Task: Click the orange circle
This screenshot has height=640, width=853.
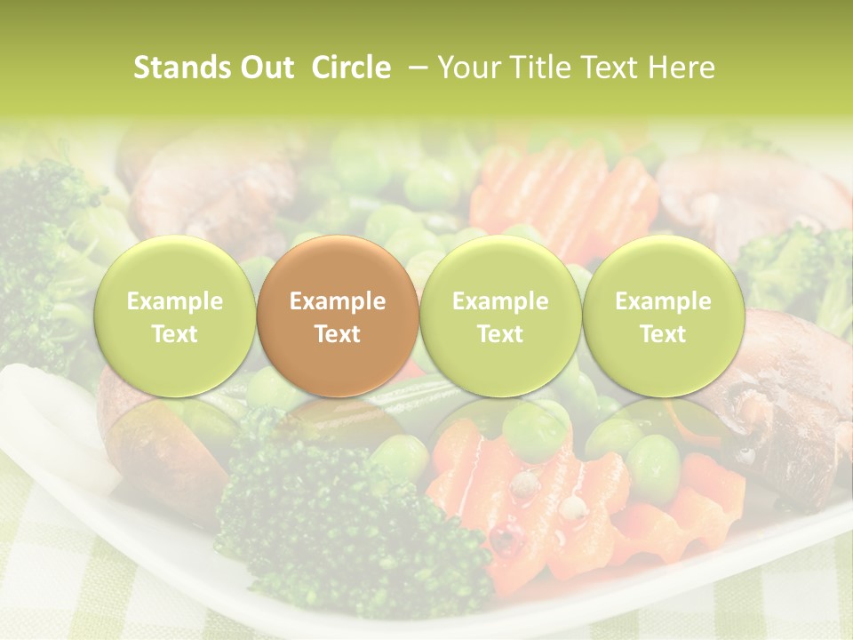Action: (x=337, y=316)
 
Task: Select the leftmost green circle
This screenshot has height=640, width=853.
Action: (x=174, y=316)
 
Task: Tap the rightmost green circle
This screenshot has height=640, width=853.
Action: (x=663, y=316)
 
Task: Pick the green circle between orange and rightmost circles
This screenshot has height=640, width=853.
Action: (x=499, y=316)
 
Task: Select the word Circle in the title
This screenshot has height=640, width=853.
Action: (x=351, y=68)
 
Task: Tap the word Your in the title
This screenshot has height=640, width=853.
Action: (x=466, y=68)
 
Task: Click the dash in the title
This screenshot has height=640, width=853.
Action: (x=414, y=68)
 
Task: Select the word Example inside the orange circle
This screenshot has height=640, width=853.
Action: (x=337, y=301)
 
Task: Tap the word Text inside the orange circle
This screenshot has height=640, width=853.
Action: (x=337, y=334)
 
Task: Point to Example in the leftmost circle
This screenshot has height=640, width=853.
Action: (x=174, y=301)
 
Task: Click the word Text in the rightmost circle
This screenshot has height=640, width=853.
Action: (x=663, y=334)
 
